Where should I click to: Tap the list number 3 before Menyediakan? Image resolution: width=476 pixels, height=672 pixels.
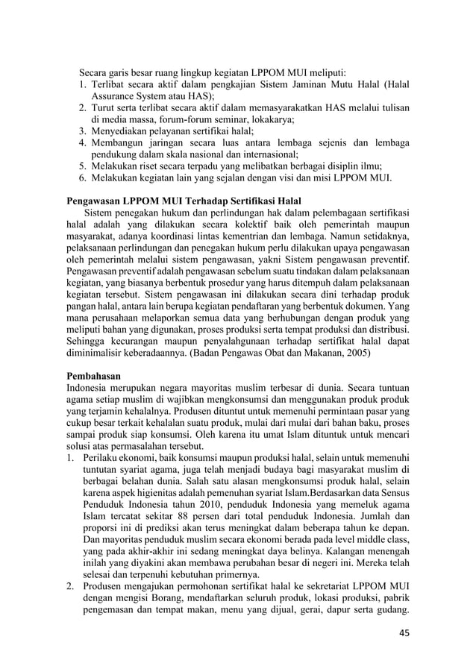(x=84, y=130)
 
